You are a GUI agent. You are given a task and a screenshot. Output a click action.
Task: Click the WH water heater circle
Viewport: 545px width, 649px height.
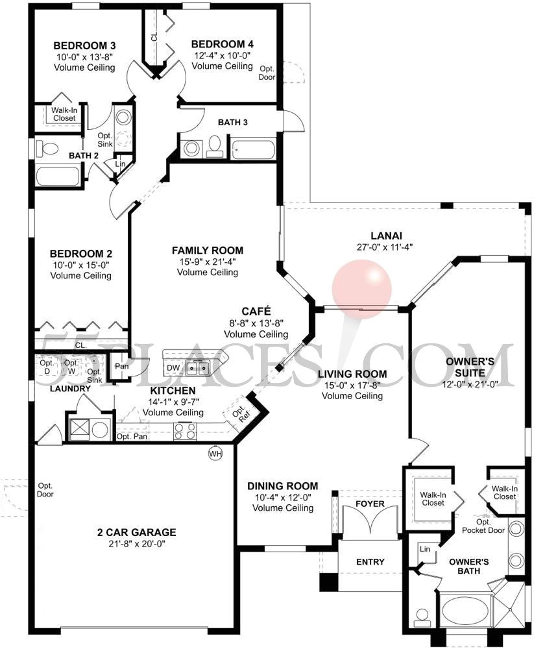[x=215, y=454]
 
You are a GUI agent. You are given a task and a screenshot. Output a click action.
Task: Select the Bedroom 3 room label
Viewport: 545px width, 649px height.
[x=84, y=45]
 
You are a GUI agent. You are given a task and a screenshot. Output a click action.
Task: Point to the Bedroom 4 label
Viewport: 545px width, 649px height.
[x=223, y=44]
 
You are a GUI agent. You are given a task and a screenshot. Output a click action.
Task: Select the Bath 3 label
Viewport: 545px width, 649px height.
[x=232, y=122]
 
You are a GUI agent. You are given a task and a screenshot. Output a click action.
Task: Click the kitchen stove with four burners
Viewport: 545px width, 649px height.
[x=183, y=429]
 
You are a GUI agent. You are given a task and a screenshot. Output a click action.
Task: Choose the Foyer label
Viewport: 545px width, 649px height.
[x=370, y=504]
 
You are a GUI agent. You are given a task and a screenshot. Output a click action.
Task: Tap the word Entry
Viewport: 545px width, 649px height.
[x=370, y=562]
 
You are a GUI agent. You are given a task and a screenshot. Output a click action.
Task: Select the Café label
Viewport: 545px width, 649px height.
[x=256, y=311]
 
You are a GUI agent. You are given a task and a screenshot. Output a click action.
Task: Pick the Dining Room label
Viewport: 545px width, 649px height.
[x=283, y=486]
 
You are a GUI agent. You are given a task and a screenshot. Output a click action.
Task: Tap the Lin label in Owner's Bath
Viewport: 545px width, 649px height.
[x=425, y=550]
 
